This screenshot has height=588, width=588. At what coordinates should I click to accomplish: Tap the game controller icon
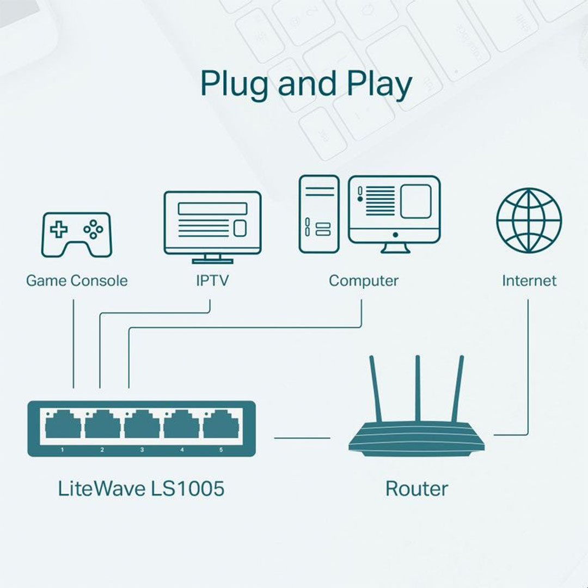click(x=76, y=234)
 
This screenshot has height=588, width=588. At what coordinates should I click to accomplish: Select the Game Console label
click(x=77, y=281)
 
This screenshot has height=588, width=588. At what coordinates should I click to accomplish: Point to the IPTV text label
click(x=212, y=281)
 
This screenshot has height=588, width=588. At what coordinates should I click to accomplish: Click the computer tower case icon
click(x=319, y=213)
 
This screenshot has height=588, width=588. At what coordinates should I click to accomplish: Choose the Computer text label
click(x=363, y=281)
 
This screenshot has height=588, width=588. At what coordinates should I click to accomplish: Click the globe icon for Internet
click(x=529, y=220)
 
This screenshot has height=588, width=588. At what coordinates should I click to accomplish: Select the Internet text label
click(x=529, y=281)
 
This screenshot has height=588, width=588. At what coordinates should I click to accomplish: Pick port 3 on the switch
click(x=142, y=425)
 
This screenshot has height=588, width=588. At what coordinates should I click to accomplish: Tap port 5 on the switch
click(x=221, y=425)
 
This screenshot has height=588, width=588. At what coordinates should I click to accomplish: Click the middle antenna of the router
click(x=418, y=388)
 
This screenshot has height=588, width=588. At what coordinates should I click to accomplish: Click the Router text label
click(x=416, y=488)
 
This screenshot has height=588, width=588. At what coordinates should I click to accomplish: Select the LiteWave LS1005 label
click(x=141, y=488)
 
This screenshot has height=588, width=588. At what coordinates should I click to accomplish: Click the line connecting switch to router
click(x=302, y=437)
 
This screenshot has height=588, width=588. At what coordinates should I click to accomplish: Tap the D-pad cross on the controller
click(x=59, y=229)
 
